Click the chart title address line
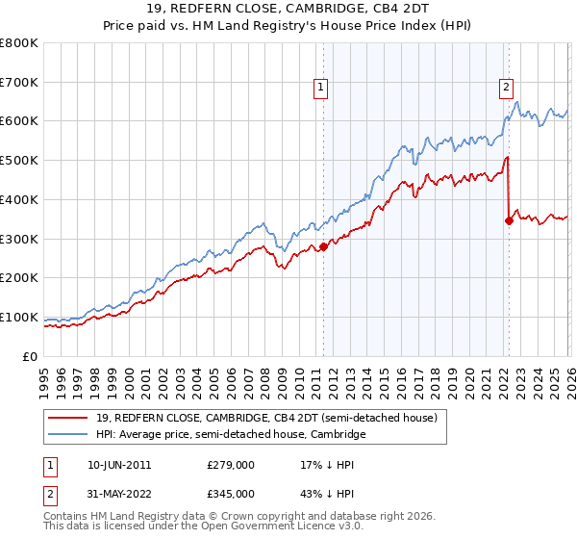(x=288, y=11)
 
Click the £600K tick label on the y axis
(x=19, y=121)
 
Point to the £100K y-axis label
(x=19, y=317)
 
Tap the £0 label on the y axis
(x=31, y=356)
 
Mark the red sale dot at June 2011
(x=323, y=246)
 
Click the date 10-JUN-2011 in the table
(x=118, y=464)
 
